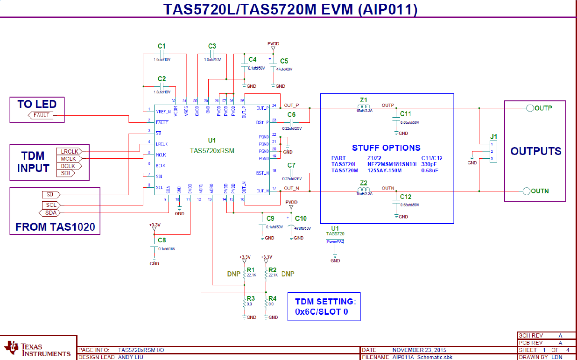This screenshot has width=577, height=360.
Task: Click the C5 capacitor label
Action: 284,61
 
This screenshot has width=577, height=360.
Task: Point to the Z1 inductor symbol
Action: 364,108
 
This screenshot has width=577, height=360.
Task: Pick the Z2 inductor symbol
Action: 364,191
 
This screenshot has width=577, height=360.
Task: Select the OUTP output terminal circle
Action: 530,108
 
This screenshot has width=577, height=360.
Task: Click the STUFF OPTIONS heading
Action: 386,148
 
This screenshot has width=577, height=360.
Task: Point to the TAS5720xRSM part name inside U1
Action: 212,151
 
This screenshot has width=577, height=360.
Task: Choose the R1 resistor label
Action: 251,270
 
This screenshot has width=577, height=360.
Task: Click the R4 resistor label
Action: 273,298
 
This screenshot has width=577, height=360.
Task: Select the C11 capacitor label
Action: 405,114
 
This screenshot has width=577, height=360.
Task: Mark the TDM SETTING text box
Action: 324,306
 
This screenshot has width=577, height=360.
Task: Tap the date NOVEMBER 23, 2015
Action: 419,350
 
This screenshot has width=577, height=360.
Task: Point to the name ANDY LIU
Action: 131,357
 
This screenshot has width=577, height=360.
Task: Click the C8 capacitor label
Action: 162,240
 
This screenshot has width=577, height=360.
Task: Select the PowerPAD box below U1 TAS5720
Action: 335,241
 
